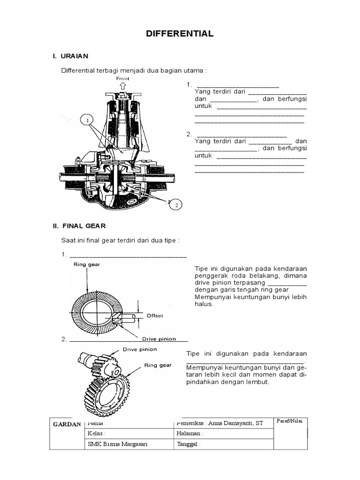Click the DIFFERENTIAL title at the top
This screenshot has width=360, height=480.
pos(180,34)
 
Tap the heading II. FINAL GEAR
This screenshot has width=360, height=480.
pos(79,226)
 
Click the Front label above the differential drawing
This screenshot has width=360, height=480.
pos(123,78)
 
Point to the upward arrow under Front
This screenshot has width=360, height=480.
pos(123,86)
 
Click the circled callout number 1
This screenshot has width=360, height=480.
pos(86,121)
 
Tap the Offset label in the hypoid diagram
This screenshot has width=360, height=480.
pos(155,315)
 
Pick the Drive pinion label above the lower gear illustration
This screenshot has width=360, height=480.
pos(140,349)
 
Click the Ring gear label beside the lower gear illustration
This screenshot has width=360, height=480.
pos(157,365)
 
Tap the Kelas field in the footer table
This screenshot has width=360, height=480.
pos(97,434)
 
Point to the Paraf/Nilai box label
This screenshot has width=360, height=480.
pos(290,420)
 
